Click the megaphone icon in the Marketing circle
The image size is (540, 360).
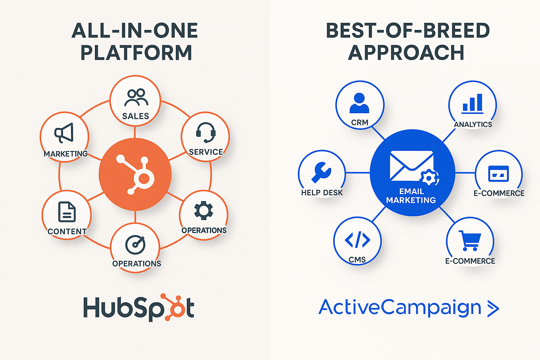[64, 133]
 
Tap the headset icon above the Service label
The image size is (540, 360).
[206, 132]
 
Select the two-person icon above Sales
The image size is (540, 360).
[136, 97]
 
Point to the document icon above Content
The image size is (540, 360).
[67, 212]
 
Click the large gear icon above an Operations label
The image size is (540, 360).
[204, 211]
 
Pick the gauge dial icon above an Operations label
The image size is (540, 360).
[135, 245]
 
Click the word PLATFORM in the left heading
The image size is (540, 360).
[136, 53]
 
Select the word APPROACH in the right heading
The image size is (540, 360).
[406, 53]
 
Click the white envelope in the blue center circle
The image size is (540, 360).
[411, 166]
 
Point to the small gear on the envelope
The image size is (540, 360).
[429, 178]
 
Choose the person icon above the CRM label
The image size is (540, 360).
[359, 103]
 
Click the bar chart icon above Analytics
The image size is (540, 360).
[472, 103]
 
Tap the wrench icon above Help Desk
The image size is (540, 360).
[321, 172]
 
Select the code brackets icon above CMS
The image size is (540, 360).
[358, 240]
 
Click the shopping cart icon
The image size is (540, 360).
[470, 240]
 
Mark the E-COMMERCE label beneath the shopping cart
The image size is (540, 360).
[470, 261]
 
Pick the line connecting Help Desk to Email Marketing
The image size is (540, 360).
[358, 173]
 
